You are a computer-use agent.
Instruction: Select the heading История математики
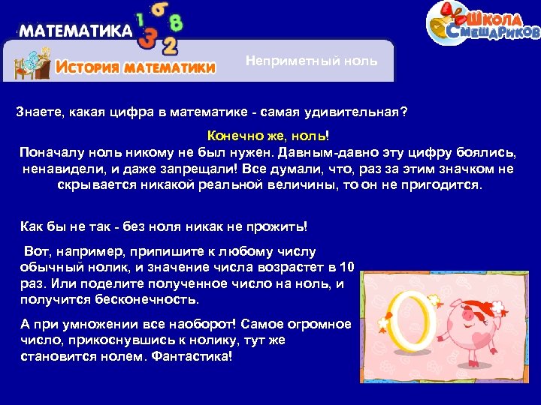tap(136, 67)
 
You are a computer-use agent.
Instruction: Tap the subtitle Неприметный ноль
tap(311, 61)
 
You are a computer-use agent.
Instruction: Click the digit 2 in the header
tap(170, 46)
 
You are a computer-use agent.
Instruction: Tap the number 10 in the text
tap(346, 268)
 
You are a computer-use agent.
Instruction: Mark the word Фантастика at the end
tap(192, 355)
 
